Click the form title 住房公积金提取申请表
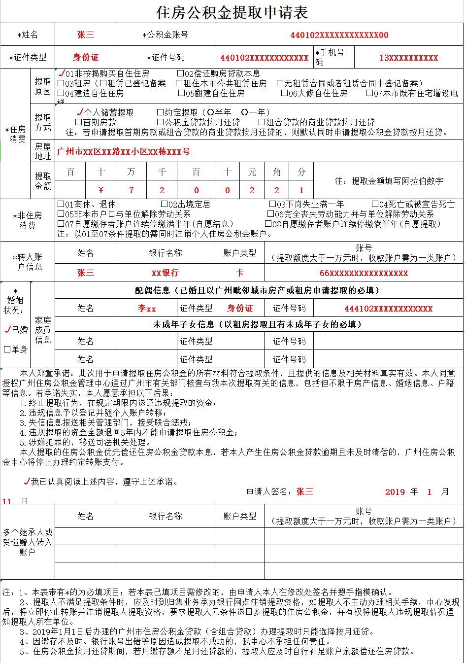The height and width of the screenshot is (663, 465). tap(232, 12)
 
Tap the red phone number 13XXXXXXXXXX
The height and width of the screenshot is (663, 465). tap(408, 58)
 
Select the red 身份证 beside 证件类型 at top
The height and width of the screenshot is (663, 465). tap(86, 57)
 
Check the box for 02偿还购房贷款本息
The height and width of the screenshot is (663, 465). tap(181, 74)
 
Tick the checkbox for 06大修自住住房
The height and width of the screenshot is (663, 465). tap(285, 93)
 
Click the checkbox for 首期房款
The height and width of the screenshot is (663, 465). tap(78, 122)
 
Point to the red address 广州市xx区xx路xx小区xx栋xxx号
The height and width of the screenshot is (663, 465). tap(124, 151)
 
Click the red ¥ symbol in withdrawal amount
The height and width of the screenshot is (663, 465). tap(101, 190)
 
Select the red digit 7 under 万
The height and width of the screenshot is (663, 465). tap(131, 190)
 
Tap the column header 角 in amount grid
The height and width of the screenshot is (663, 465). tap(276, 172)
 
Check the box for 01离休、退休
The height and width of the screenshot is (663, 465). tap(61, 204)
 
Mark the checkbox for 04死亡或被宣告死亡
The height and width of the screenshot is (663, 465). tap(375, 204)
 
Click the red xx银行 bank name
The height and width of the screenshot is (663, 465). tap(165, 273)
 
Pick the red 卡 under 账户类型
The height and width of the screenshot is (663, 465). tap(239, 273)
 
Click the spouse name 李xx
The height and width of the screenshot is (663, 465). tap(147, 309)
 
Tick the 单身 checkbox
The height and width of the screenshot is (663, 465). tap(7, 349)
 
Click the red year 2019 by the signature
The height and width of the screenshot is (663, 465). tap(395, 492)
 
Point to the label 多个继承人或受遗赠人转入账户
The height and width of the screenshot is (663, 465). tap(28, 542)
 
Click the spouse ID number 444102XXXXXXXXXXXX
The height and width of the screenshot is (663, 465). tap(388, 309)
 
